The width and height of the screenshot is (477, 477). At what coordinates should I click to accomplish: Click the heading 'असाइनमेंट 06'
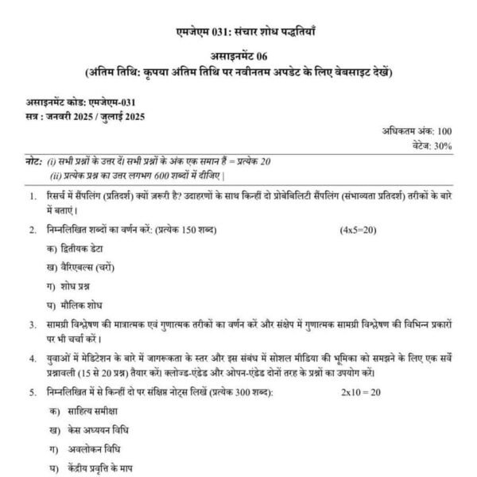click(238, 59)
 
